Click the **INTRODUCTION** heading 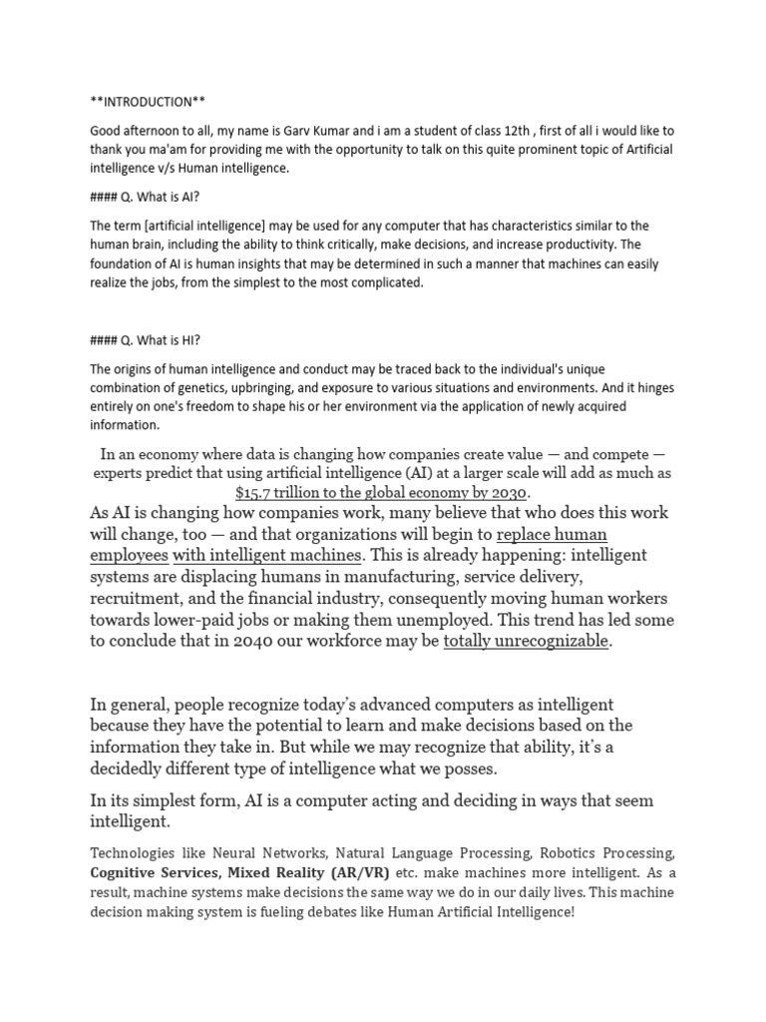point(150,102)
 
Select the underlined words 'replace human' point(552,534)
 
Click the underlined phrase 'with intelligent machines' point(266,555)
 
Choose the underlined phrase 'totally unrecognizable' point(525,641)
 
